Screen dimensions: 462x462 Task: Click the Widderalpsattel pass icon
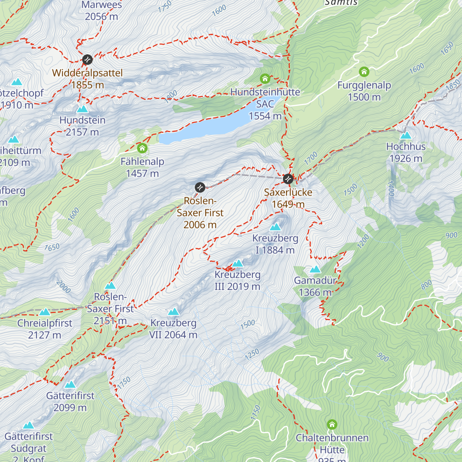(87, 60)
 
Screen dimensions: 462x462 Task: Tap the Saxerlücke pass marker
(288, 179)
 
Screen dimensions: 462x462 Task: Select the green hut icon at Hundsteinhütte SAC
(265, 79)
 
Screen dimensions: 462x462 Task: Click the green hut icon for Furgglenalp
(364, 72)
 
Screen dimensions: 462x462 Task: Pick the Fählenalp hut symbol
(142, 148)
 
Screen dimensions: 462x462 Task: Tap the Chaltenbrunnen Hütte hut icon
(332, 425)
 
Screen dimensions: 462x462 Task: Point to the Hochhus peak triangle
(406, 136)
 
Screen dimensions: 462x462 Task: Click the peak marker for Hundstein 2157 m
(82, 109)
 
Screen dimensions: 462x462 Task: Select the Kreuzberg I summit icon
(275, 227)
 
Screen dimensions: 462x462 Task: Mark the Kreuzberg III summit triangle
(238, 264)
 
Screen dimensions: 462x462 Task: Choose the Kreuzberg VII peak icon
(173, 312)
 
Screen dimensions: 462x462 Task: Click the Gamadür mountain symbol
(315, 269)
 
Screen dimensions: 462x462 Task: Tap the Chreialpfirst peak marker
(45, 312)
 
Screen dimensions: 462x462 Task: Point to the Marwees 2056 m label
(102, 11)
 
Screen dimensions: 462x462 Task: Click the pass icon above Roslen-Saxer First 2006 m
(200, 187)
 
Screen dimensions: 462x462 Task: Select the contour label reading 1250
(252, 354)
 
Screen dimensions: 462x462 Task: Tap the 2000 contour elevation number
(64, 287)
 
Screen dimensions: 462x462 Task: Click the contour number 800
(426, 285)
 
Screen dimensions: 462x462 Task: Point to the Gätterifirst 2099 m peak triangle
(70, 385)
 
